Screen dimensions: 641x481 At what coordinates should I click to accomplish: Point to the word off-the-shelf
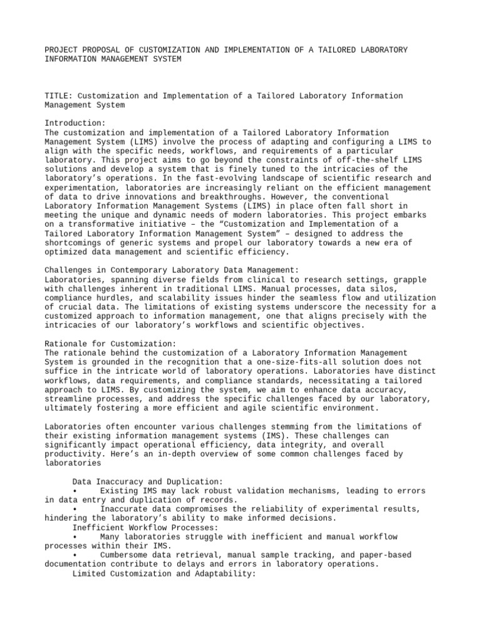pyautogui.click(x=363, y=160)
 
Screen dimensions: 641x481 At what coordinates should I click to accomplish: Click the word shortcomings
pyautogui.click(x=75, y=243)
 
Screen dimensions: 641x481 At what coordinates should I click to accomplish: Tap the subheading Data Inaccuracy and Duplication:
pyautogui.click(x=144, y=481)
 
